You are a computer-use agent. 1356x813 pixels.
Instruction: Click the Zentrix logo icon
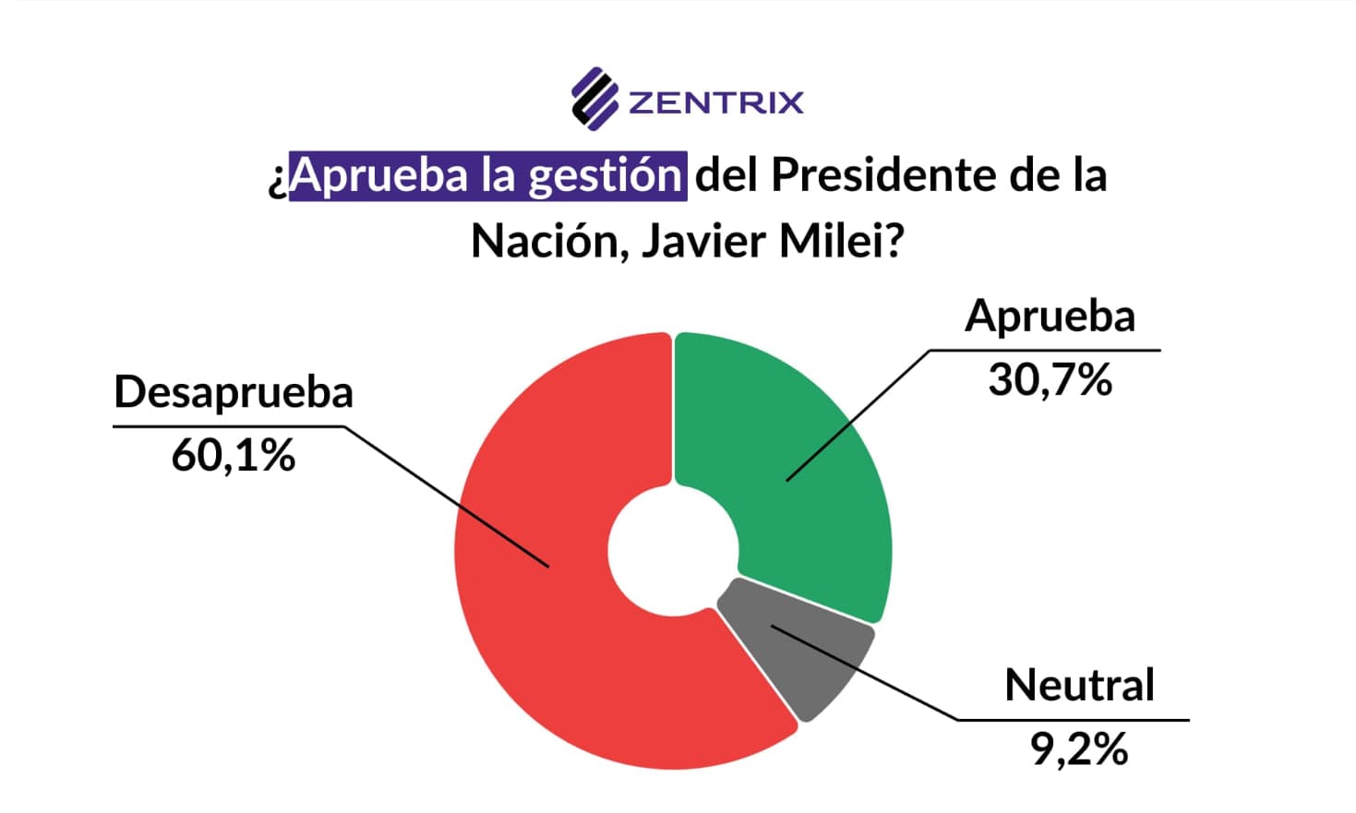(x=594, y=98)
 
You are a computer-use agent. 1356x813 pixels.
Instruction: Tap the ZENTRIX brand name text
(x=715, y=102)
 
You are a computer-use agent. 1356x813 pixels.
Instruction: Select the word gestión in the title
(x=605, y=175)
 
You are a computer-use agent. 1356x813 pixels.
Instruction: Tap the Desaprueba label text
(x=234, y=392)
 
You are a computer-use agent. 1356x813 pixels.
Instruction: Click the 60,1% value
(x=234, y=455)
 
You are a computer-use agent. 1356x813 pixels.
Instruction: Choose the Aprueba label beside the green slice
(x=1050, y=317)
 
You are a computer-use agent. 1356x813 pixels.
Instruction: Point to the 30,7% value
(x=1050, y=379)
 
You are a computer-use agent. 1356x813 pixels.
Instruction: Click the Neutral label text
(x=1079, y=686)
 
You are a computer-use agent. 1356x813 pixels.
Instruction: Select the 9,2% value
(x=1079, y=748)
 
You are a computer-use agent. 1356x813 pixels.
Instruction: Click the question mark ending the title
(x=893, y=242)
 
